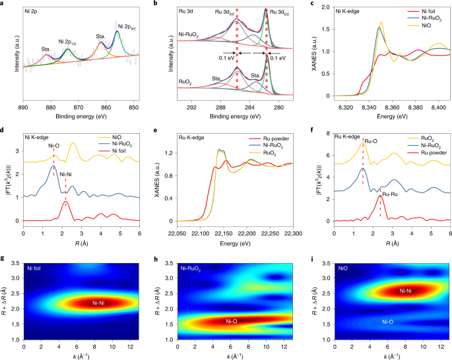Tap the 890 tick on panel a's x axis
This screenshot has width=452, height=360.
point(23,105)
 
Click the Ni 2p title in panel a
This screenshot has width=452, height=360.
point(39,12)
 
